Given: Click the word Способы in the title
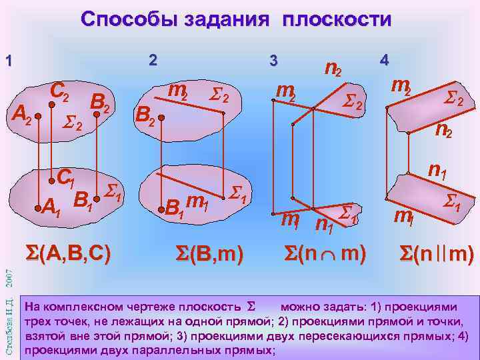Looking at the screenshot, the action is tap(131, 19).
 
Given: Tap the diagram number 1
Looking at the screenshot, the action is tap(9, 61).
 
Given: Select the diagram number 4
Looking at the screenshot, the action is tap(383, 59).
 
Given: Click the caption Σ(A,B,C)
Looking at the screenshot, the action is tap(67, 253).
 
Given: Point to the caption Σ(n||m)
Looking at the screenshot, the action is tap(436, 253).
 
